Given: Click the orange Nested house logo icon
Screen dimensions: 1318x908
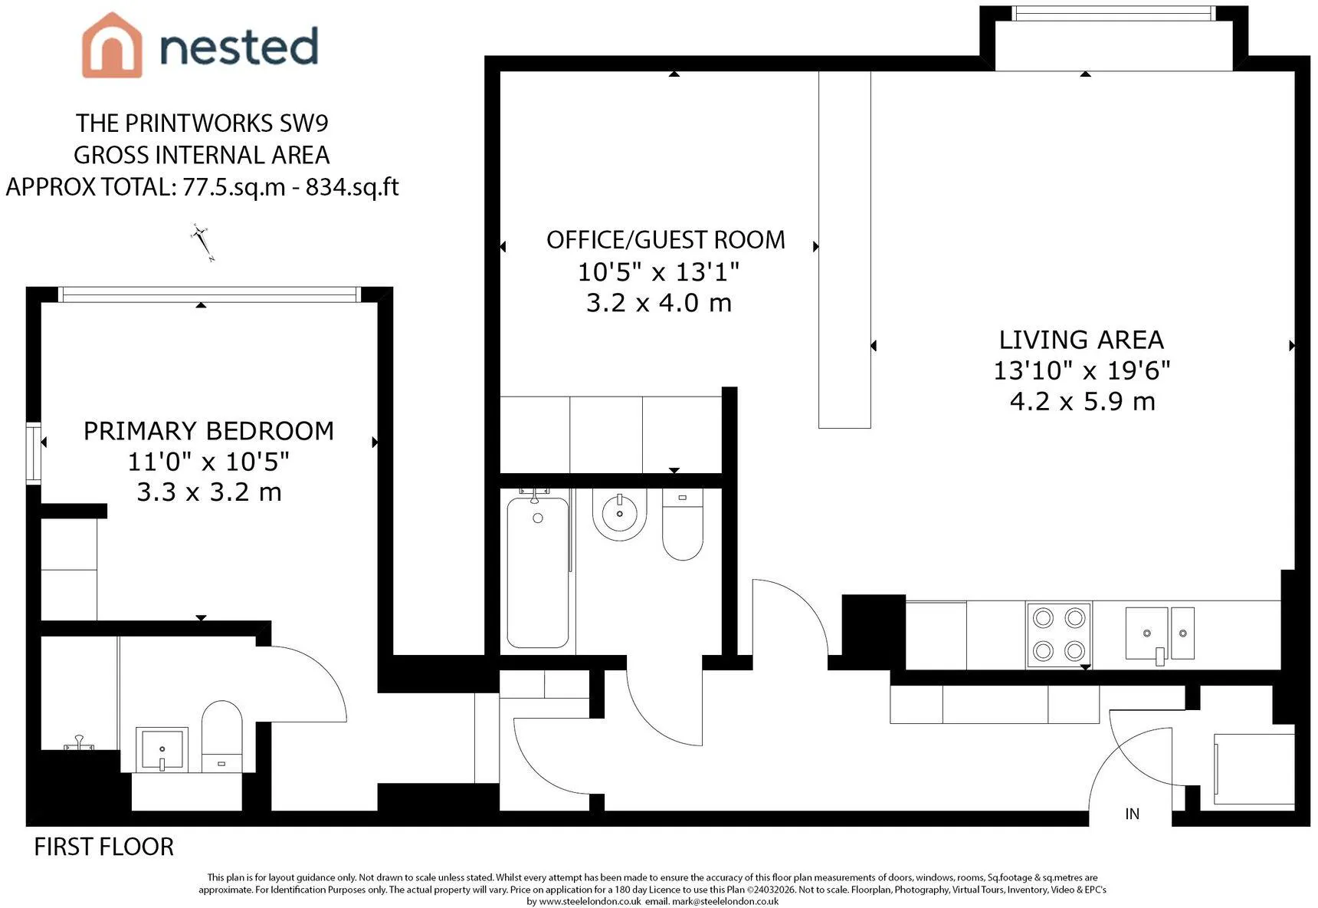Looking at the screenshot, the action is tap(112, 45).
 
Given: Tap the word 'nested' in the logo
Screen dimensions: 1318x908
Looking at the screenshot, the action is tap(238, 46).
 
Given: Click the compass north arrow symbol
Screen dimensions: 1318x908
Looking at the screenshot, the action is tap(202, 242).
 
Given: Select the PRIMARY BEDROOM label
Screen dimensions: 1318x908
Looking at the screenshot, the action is tap(208, 431).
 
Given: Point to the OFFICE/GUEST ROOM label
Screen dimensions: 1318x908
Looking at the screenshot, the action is tap(666, 240).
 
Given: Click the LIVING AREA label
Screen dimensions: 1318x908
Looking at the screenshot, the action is tap(1081, 340).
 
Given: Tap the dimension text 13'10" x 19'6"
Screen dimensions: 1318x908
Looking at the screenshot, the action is tap(1082, 370).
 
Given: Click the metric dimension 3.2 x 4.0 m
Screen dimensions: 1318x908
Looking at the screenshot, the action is tap(659, 303).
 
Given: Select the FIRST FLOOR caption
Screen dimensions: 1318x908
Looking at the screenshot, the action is tap(104, 847).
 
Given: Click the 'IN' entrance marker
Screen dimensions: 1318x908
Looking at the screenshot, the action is tap(1133, 814).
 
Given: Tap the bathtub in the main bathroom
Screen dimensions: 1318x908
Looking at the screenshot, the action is tap(538, 571).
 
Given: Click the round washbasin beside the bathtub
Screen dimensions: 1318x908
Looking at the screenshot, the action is tap(619, 513).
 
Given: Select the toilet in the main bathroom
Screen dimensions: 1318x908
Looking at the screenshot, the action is tap(682, 525).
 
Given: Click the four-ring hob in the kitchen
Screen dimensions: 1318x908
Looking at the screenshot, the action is tap(1059, 634).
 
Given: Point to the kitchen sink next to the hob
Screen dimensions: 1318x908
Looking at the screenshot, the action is tap(1159, 634).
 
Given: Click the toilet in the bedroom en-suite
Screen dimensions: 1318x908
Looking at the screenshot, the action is tap(221, 736).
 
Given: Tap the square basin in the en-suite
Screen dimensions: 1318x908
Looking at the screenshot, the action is tap(162, 749).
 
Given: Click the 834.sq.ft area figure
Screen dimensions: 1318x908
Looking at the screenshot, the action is tap(352, 187).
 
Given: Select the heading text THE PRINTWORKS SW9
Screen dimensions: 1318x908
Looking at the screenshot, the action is tap(202, 123).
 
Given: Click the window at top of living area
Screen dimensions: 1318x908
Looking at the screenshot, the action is tap(1113, 14).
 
